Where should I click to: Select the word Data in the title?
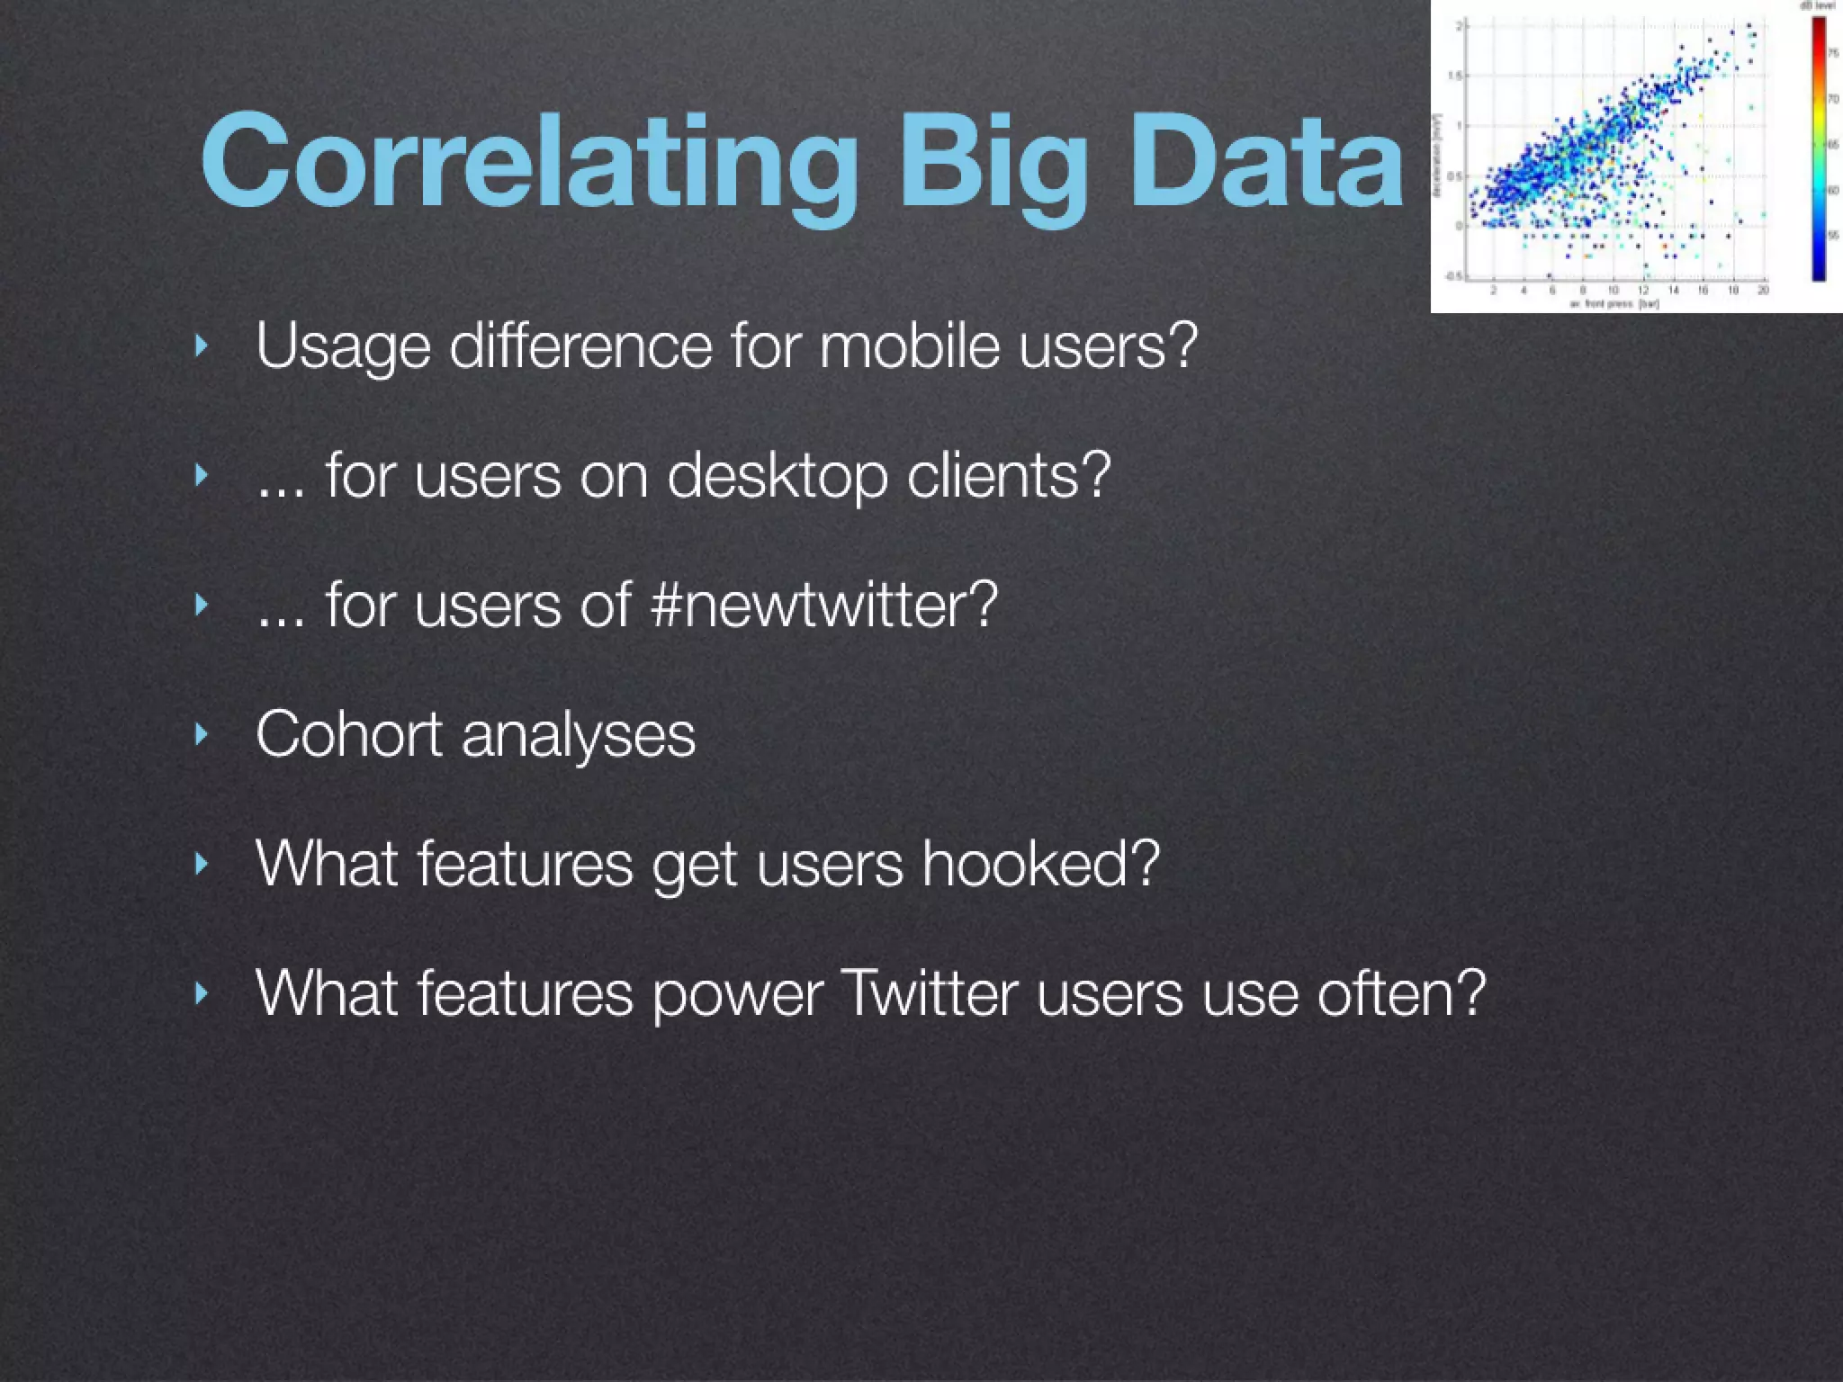(1265, 162)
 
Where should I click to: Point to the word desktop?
(777, 475)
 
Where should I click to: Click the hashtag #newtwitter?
(823, 605)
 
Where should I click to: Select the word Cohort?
(349, 734)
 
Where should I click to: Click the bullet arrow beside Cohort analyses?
(202, 734)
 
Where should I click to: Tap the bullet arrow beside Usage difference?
(202, 345)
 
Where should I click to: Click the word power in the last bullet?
(737, 993)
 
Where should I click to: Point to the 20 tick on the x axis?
(1763, 291)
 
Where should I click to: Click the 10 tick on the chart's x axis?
(1614, 291)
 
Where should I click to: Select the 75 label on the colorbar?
(1834, 54)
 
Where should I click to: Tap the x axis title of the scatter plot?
(1614, 304)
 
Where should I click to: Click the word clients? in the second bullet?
(1009, 475)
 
